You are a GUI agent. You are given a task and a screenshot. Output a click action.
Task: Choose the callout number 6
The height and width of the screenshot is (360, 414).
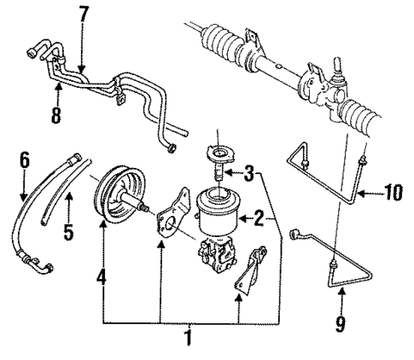point(25,160)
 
